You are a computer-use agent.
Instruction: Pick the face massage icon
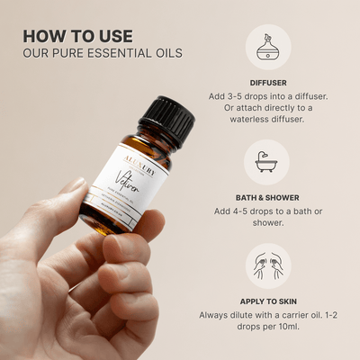[x=267, y=266]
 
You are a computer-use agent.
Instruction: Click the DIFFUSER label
[x=267, y=82]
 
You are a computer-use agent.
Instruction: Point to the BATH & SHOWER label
[x=267, y=197]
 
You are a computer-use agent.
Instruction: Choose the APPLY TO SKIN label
[x=267, y=301]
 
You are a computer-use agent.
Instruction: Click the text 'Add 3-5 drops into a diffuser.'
[x=267, y=96]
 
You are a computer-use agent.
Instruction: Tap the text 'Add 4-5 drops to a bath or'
[x=267, y=211]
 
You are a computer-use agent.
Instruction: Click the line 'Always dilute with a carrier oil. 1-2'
[x=267, y=316]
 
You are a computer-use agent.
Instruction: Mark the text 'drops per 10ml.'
[x=267, y=330]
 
